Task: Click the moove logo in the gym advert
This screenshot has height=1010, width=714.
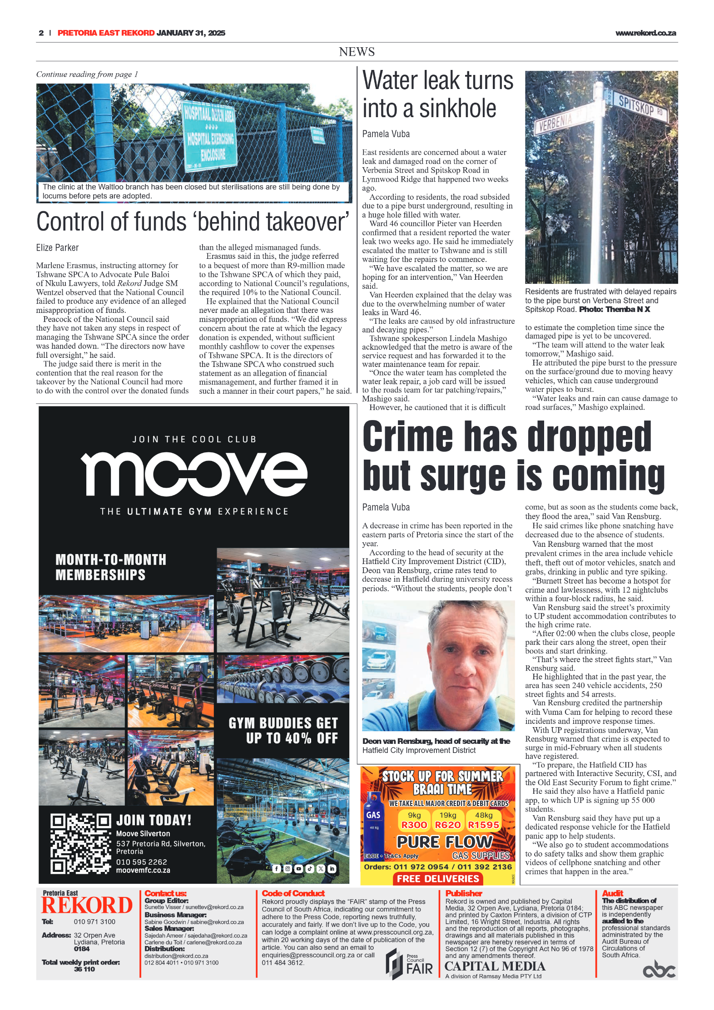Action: pos(194,473)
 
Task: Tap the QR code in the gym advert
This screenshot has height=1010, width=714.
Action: pos(80,844)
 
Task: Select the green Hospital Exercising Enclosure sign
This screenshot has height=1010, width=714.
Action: pos(210,134)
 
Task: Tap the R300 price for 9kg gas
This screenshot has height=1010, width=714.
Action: pos(414,825)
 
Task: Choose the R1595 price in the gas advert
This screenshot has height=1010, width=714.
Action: pos(483,825)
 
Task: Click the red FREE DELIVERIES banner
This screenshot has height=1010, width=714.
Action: pos(438,879)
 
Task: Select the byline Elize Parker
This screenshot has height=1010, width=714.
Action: pos(58,248)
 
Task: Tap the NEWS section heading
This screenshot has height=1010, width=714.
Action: pos(357,52)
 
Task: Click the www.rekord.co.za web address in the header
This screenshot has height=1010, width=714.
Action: pos(645,33)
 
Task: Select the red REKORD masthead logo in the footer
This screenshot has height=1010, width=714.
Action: pos(87,905)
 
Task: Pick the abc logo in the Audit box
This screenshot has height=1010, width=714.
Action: pos(659,970)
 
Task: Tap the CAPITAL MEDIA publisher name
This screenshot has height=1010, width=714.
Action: pos(495,966)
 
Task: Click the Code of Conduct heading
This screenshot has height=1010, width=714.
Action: pos(293,893)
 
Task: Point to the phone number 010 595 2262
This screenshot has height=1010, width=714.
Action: pos(141,861)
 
